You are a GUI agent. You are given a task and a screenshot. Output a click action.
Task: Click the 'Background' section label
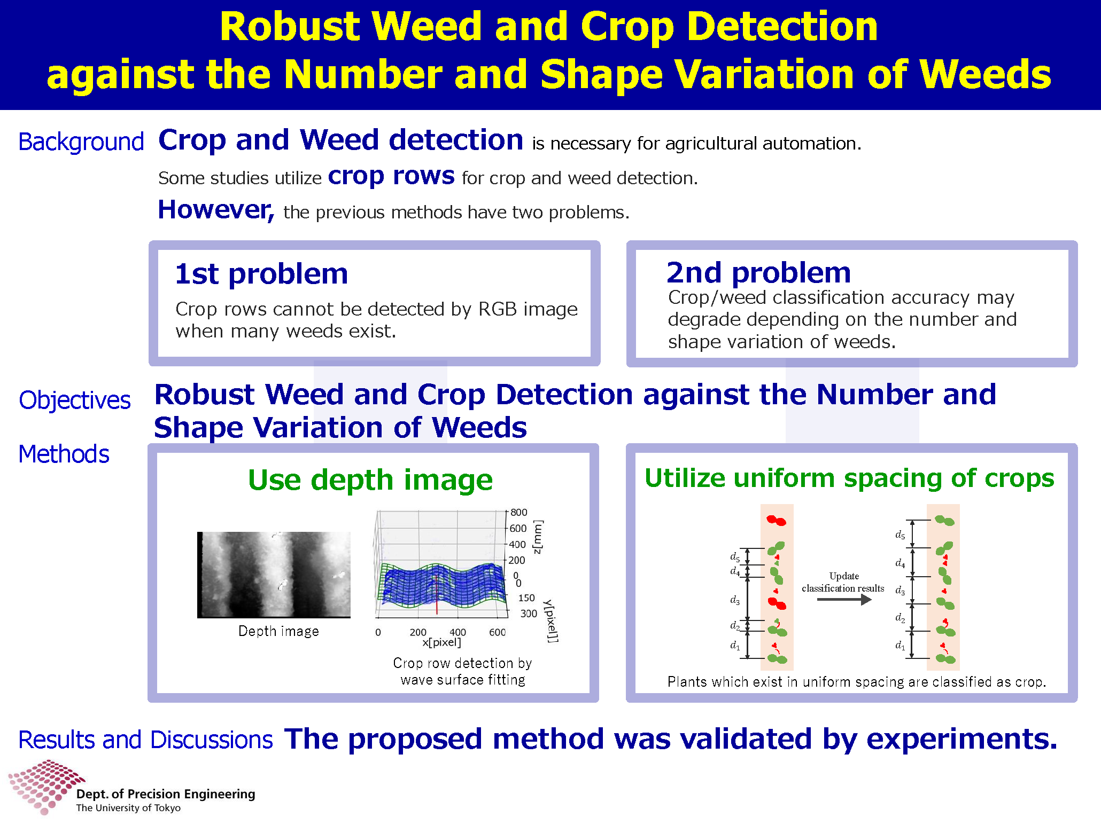point(81,142)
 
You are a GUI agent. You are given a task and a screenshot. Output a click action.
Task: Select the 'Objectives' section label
point(75,400)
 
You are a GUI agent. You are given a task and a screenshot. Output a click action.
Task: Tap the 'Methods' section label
point(64,454)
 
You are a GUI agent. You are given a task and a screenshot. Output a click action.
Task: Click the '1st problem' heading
point(261,274)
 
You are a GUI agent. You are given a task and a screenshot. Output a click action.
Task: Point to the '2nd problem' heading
point(759,273)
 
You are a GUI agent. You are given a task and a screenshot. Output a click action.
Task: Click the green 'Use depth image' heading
point(370,480)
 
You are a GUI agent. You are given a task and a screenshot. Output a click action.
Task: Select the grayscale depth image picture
point(274,575)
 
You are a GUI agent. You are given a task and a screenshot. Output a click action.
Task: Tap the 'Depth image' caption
point(278,631)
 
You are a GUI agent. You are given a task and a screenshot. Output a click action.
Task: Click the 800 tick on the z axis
point(518,513)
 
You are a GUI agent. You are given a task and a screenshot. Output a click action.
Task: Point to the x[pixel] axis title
point(441,642)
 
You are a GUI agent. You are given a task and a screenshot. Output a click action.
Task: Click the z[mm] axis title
point(538,537)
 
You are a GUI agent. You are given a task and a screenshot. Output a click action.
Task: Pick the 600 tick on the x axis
point(498,632)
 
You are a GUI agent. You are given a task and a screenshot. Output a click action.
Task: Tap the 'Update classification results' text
point(843,582)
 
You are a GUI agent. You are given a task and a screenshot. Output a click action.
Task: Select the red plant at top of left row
point(777,520)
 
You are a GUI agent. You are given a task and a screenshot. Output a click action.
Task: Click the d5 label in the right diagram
point(901,535)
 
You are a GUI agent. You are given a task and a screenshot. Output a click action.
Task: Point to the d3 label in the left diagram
point(735,600)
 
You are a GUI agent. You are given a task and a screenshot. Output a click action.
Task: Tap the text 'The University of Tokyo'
point(128,808)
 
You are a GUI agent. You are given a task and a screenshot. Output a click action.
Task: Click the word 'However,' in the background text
point(216,209)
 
